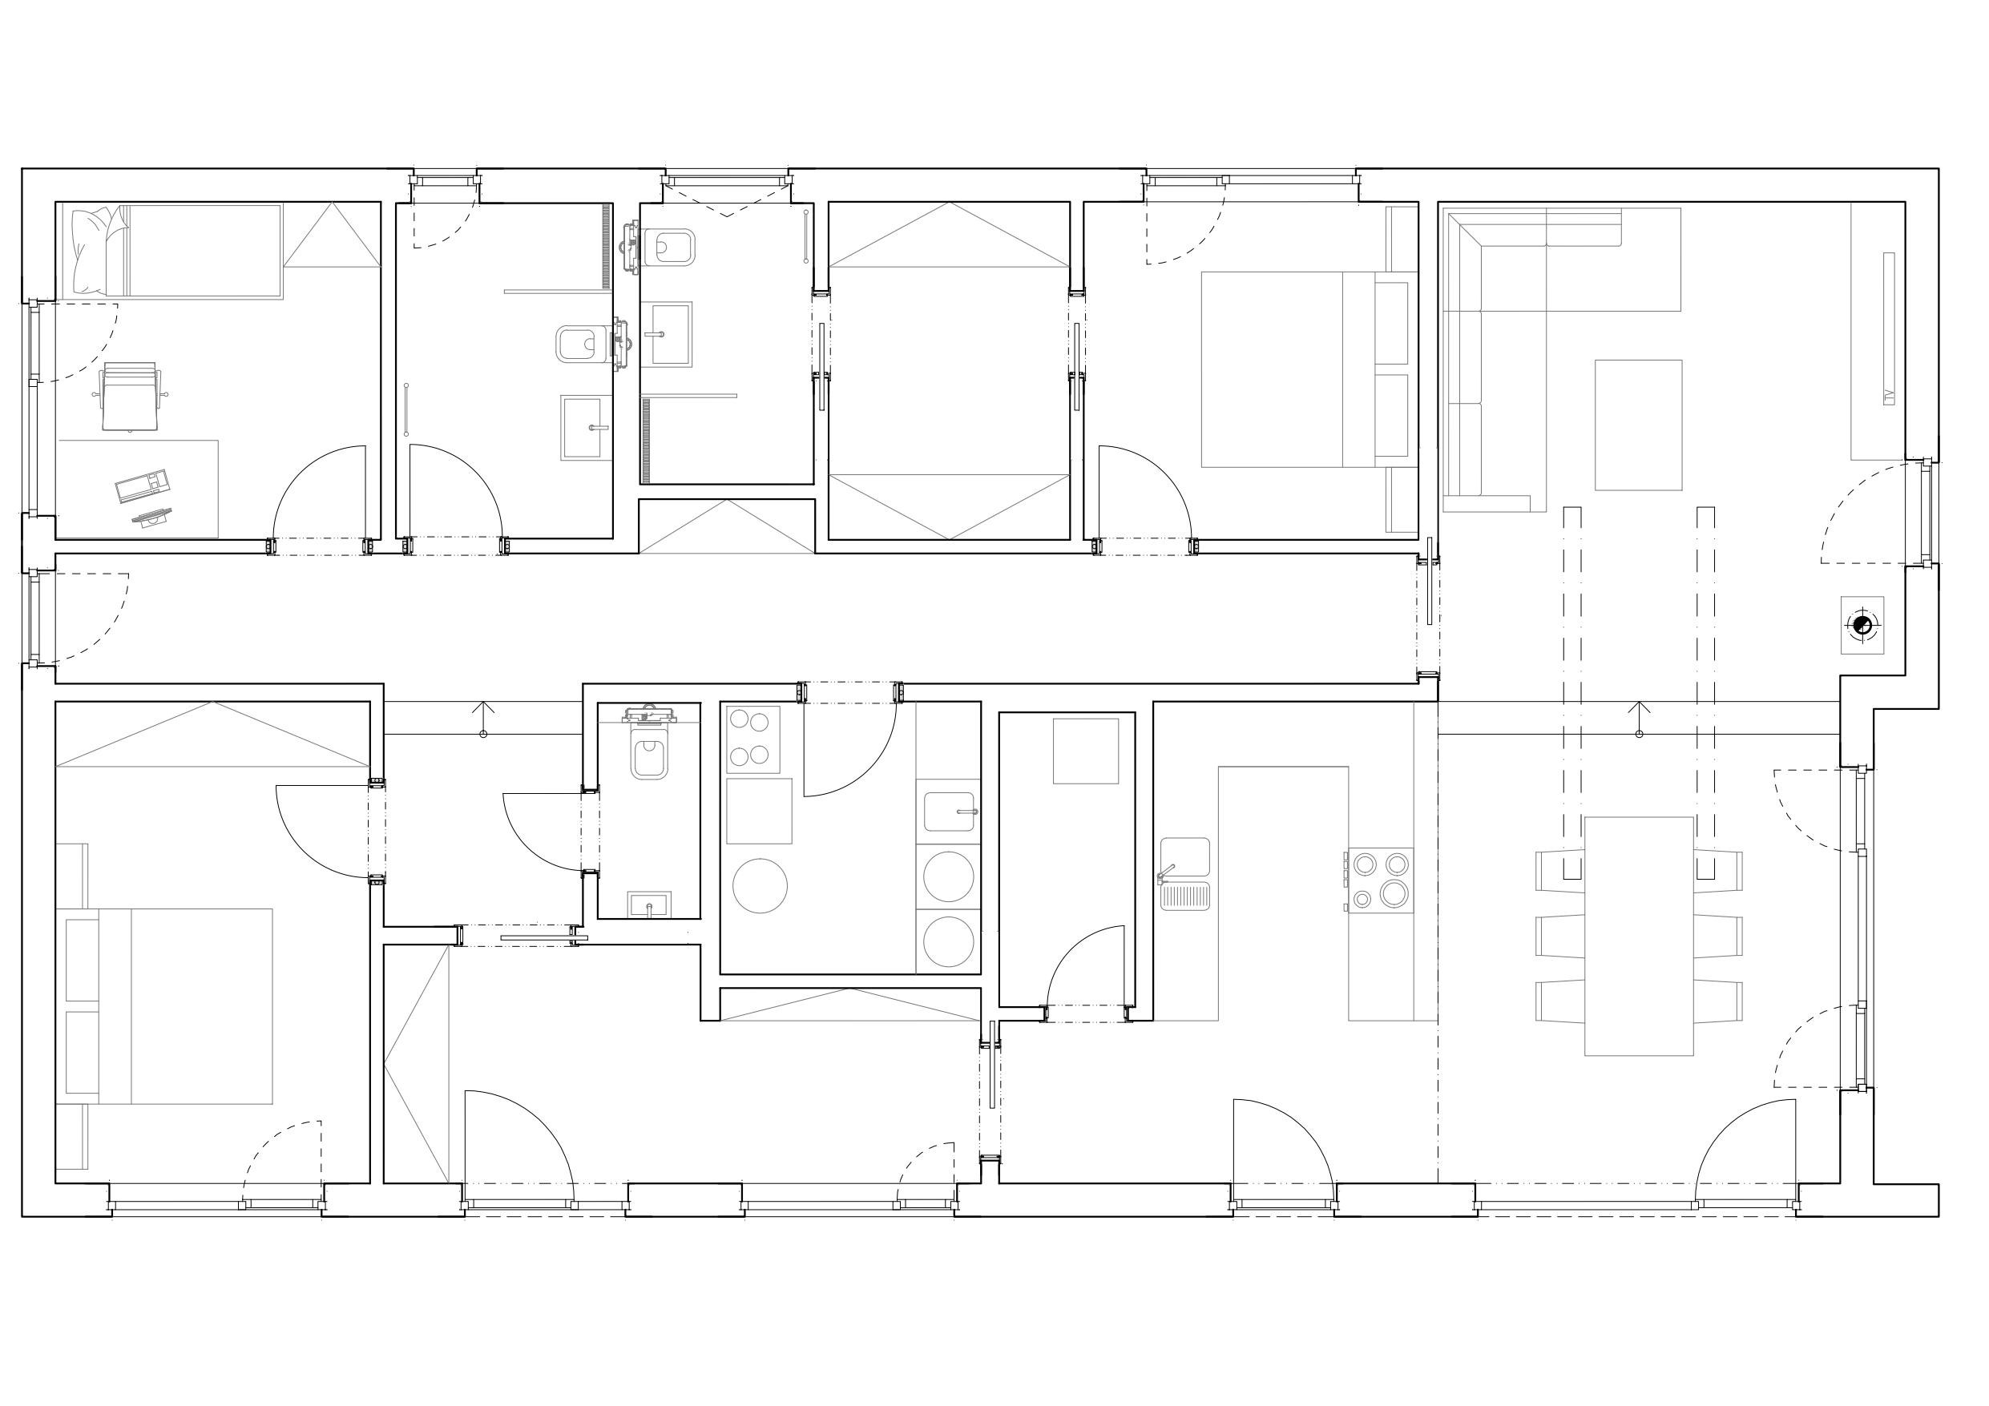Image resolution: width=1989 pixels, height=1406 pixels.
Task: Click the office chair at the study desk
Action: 130,396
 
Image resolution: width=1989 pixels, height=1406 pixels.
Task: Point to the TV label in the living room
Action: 1889,397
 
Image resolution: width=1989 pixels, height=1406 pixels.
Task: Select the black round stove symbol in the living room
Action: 1862,625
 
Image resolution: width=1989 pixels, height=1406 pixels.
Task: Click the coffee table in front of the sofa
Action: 1638,425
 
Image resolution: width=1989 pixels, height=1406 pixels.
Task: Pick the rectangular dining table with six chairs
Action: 1638,936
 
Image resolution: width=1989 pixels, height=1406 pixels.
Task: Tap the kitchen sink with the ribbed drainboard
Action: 1184,873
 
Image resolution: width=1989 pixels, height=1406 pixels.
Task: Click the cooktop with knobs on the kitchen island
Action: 1380,880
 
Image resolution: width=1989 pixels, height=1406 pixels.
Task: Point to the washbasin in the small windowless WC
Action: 649,905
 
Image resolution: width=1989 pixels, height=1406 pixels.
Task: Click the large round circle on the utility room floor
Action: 760,885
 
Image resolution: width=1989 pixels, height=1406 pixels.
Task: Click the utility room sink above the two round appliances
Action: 949,812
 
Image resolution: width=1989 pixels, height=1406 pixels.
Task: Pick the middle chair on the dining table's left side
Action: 1560,936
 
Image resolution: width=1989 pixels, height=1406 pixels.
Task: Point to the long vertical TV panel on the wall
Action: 1889,328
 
